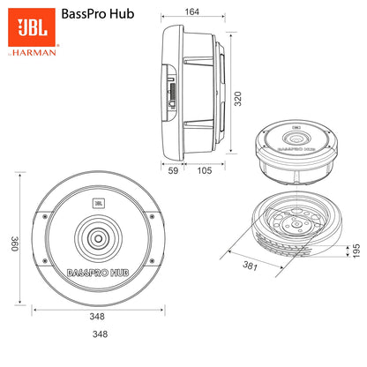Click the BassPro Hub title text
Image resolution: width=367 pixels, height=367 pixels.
[99, 15]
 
